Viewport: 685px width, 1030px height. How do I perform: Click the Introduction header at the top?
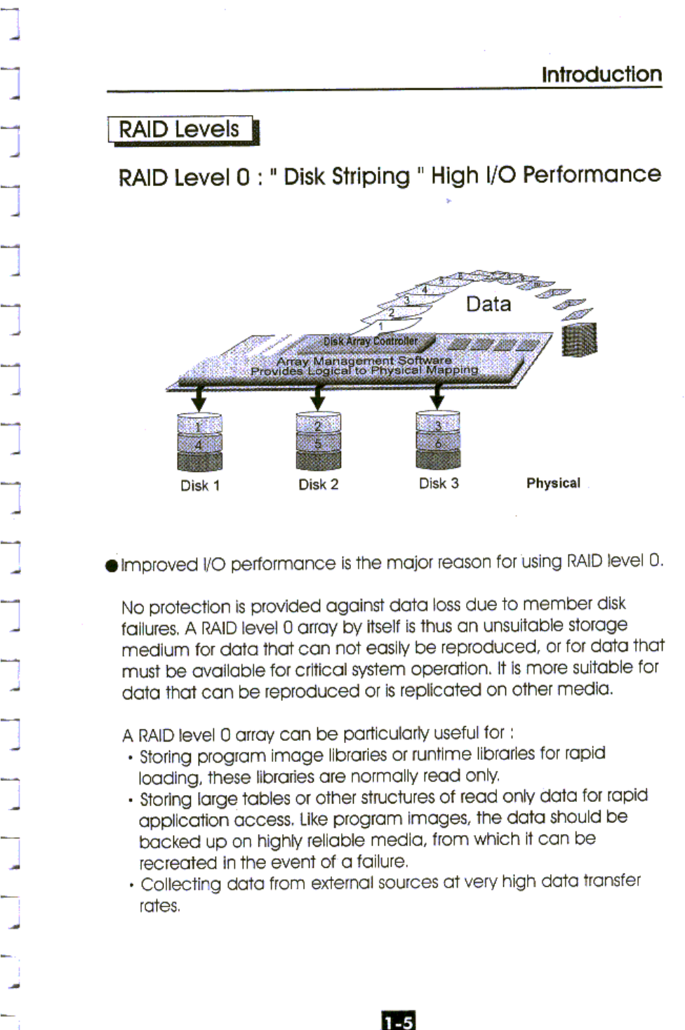click(601, 74)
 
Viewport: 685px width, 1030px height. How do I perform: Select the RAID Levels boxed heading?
click(180, 130)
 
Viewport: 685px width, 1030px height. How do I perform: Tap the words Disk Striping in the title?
click(346, 176)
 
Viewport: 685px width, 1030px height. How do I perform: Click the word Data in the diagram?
click(488, 304)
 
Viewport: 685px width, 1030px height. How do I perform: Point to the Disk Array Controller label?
click(370, 341)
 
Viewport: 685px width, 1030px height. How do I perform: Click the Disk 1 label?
click(200, 486)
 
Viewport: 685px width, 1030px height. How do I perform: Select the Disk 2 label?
click(318, 485)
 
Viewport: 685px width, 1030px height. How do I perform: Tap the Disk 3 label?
click(439, 483)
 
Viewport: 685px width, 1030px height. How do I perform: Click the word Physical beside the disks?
click(553, 483)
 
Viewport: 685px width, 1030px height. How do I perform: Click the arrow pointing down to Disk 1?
click(199, 399)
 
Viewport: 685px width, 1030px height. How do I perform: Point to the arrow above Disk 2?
click(318, 399)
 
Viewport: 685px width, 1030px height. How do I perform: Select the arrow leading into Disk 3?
click(437, 398)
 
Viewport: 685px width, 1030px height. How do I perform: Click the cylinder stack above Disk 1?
click(199, 442)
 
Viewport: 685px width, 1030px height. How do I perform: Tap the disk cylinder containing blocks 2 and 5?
click(318, 441)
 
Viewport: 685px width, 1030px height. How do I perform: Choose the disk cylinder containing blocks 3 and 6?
click(438, 441)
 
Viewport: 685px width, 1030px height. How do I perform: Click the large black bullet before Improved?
click(111, 566)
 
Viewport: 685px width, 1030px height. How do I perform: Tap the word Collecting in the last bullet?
click(180, 884)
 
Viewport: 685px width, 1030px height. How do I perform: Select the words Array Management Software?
click(364, 361)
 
